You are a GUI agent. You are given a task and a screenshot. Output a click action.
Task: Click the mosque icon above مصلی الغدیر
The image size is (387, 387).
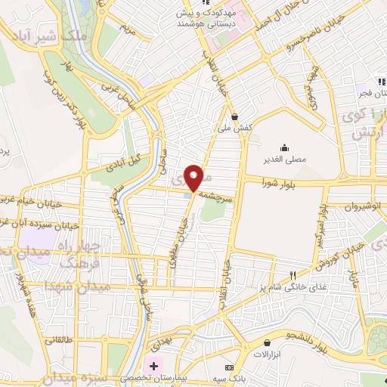tap(284, 146)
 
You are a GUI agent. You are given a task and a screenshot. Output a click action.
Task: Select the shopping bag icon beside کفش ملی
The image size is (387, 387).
tap(234, 117)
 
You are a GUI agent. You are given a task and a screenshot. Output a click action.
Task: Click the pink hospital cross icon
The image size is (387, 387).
tap(154, 367)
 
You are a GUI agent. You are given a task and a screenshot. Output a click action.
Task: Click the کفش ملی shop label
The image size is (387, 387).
tap(234, 128)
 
